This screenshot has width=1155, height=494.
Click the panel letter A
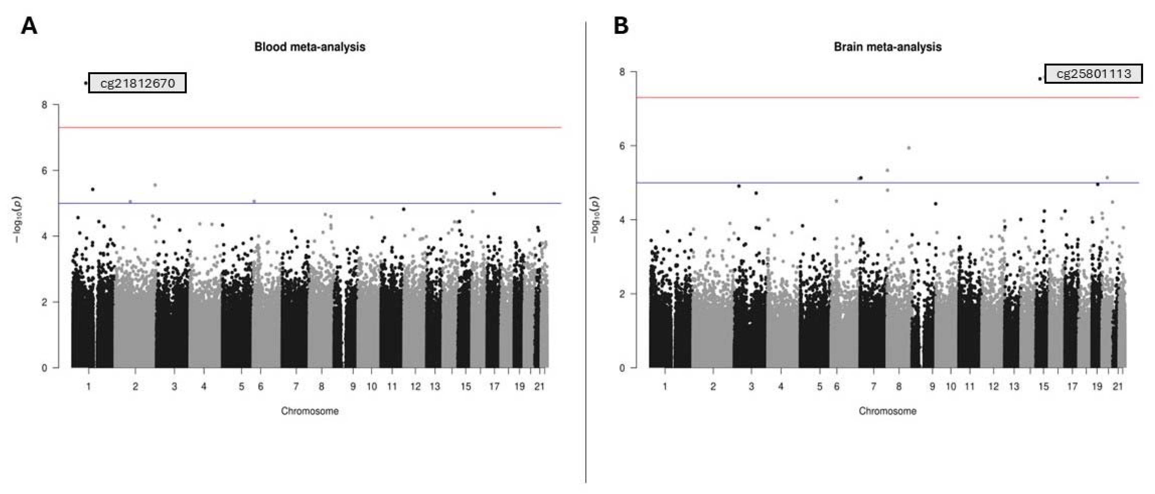[x=29, y=26]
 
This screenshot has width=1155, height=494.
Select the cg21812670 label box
[x=137, y=83]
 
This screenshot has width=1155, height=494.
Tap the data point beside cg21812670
[x=86, y=83]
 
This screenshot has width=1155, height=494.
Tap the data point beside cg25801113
[x=1040, y=79]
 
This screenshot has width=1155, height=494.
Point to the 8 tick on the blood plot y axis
[x=44, y=105]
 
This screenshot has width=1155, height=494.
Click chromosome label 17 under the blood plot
[x=494, y=386]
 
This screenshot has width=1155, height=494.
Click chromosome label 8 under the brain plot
[x=898, y=386]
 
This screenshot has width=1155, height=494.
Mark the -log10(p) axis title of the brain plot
[x=595, y=220]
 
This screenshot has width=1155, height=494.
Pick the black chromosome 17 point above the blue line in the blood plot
[x=494, y=194]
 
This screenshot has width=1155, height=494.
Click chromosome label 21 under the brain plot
[x=1118, y=386]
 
